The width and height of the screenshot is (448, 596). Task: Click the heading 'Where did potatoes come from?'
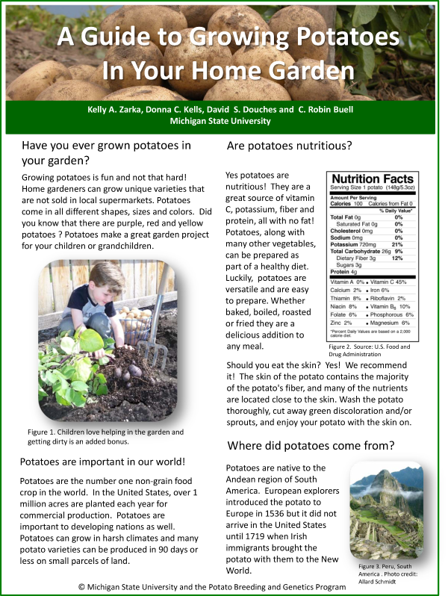point(311,446)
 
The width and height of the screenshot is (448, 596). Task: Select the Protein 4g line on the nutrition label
point(344,271)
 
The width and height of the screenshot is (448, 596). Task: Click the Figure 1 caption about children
point(105,436)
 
